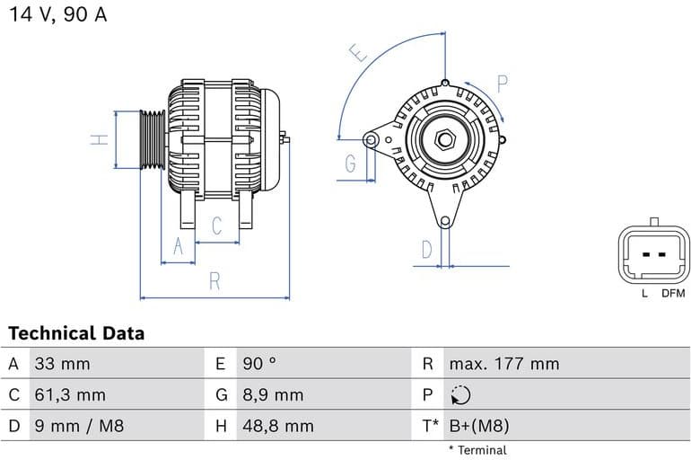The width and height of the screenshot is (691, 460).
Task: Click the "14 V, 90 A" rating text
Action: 57,15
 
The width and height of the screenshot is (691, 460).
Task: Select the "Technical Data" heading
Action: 76,333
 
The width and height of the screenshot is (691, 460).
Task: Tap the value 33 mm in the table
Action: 62,364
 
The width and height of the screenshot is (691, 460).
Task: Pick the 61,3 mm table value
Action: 70,394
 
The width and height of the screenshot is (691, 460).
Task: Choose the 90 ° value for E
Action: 259,364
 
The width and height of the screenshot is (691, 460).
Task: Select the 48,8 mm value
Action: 277,425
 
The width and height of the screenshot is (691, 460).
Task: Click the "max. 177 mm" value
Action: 503,364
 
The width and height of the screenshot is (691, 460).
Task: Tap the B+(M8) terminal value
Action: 478,425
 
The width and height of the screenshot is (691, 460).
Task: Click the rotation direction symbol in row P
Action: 459,394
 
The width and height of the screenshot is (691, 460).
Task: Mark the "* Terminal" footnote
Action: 477,449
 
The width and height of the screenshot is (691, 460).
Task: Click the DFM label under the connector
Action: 673,294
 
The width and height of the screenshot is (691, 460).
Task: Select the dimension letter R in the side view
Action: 214,280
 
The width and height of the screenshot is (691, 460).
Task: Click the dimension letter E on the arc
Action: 360,54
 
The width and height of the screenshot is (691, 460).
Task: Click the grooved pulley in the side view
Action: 153,139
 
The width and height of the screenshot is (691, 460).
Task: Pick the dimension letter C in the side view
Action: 216,226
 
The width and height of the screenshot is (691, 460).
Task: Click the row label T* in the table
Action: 430,425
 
